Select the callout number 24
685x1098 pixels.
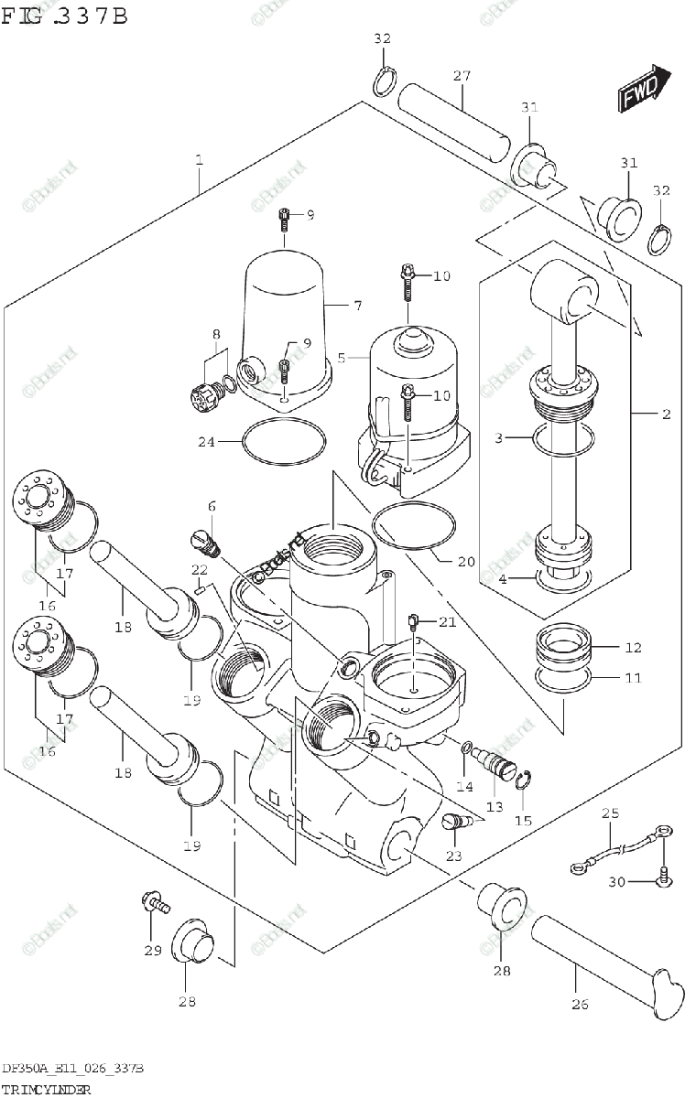[x=207, y=442]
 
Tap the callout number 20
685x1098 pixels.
[x=466, y=562]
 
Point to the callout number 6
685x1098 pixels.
[x=212, y=506]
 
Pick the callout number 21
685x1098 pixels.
[x=446, y=622]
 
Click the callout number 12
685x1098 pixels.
[x=634, y=649]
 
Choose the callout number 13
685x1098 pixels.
[x=495, y=806]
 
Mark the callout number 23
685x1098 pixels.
[x=453, y=856]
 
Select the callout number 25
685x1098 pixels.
[x=611, y=813]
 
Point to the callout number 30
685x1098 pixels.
[x=615, y=882]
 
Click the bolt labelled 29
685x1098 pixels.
[x=155, y=904]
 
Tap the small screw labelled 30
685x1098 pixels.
[x=662, y=879]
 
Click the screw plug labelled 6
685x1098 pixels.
[x=204, y=542]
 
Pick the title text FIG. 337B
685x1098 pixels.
[x=64, y=16]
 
